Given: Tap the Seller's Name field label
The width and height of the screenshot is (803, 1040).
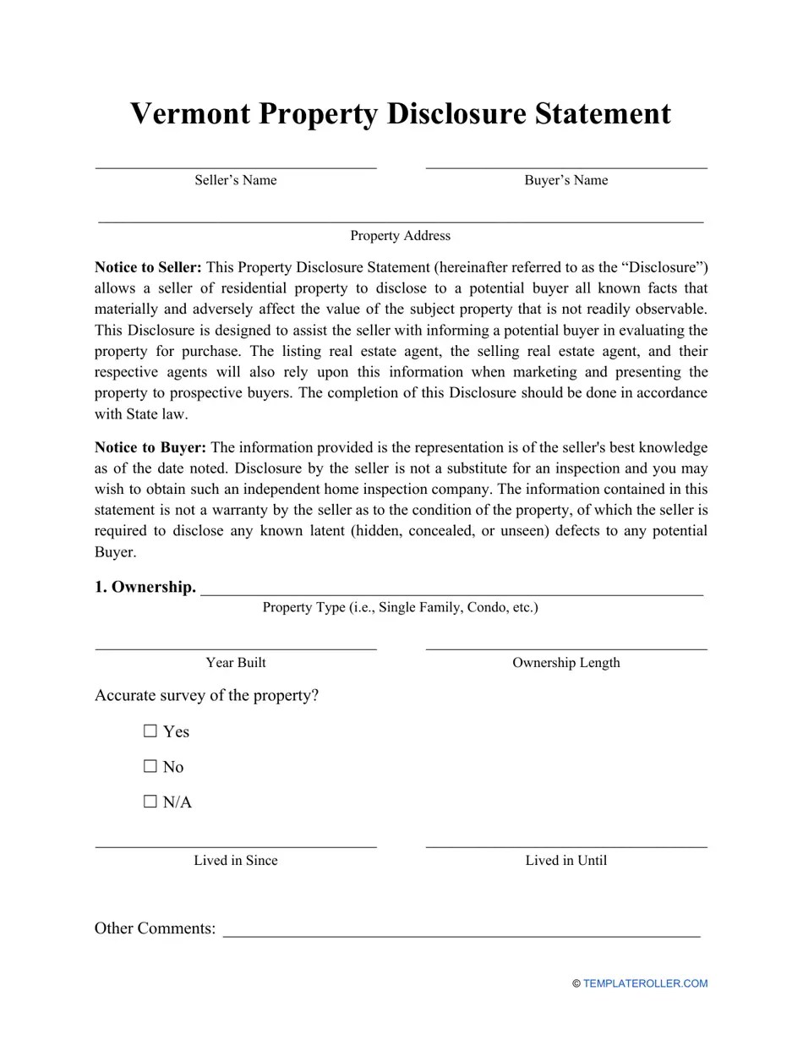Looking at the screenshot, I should pos(235,180).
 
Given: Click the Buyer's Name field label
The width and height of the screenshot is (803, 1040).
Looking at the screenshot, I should pos(565,180).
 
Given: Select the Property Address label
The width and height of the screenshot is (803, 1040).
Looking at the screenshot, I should pos(400,236).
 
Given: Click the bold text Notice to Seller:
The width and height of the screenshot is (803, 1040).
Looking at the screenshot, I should pos(148,267).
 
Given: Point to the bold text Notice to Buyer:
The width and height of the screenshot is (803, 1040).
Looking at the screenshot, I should pos(150,447).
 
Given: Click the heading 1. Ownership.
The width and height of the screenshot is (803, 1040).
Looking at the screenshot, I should pos(145,587).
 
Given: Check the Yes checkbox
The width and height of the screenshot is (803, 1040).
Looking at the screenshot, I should pos(150,731).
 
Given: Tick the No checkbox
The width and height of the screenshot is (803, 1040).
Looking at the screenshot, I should pos(150,767).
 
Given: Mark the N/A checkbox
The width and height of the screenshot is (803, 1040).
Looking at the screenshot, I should pos(150,802).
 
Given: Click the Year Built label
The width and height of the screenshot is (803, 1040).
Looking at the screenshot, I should pos(235,663).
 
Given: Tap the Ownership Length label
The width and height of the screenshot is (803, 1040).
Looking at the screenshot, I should pos(565,663).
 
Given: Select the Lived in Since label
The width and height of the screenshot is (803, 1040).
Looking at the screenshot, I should pos(235,861).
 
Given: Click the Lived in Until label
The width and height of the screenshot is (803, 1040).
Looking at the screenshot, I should pos(565,861).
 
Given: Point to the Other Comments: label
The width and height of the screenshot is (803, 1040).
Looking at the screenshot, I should pos(155,928).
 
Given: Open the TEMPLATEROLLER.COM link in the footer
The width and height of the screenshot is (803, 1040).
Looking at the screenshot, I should pos(645,983).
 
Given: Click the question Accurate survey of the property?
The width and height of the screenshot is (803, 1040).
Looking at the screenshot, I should pos(206,696).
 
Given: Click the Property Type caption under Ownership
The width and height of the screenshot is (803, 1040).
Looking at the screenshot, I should pos(400,607).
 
